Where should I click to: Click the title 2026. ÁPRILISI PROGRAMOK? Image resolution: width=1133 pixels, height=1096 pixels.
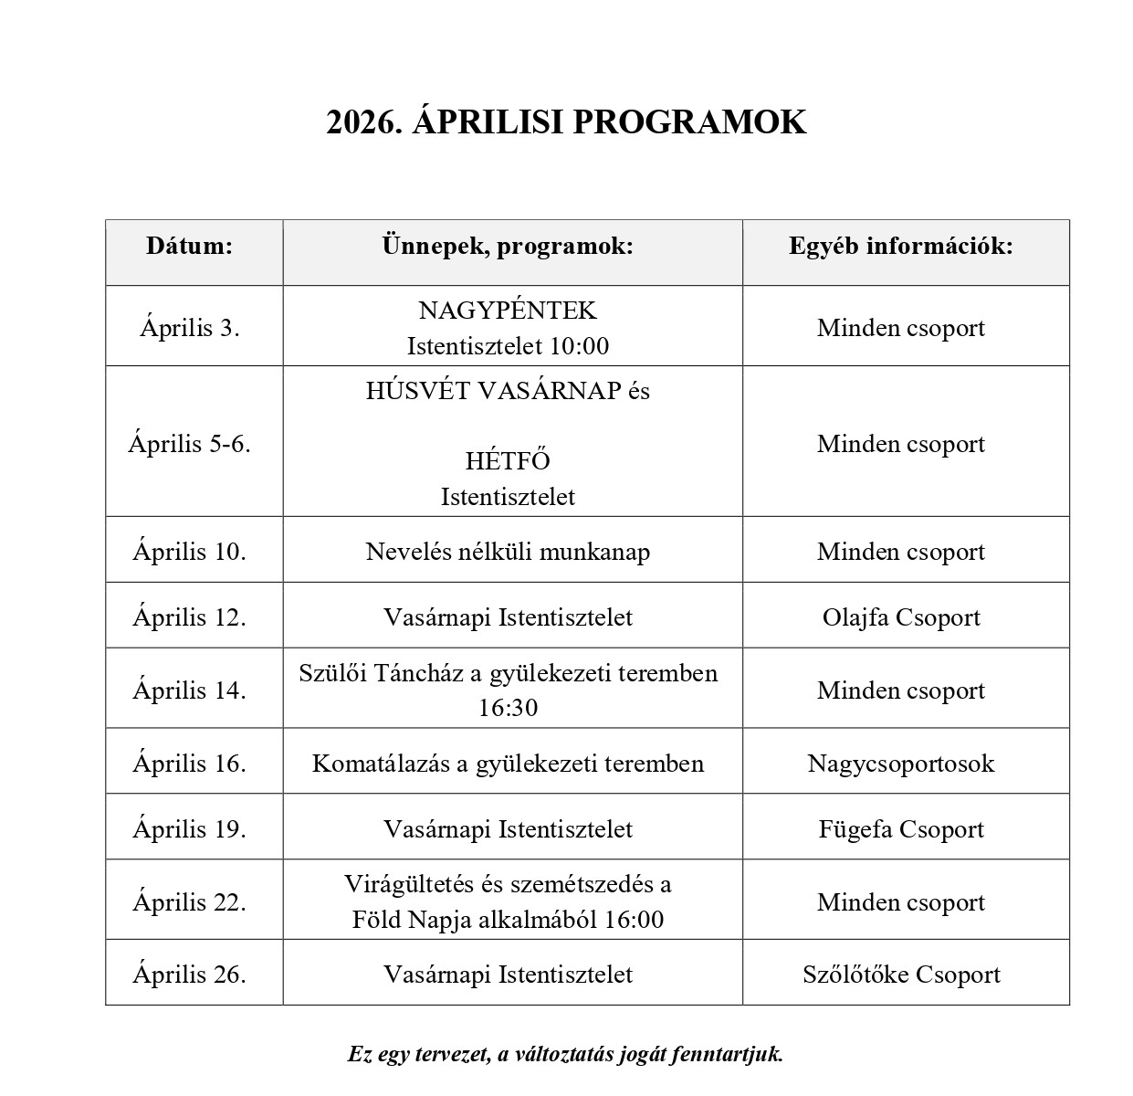coord(566,122)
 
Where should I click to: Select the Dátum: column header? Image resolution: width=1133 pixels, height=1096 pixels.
coord(190,246)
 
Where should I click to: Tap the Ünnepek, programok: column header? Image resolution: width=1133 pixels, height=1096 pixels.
coord(508,246)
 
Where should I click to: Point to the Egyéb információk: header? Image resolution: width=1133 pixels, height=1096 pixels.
coord(901,246)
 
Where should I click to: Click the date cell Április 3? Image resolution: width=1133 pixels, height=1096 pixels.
coord(190,328)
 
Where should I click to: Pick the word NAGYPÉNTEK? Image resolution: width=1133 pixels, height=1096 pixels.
coord(508,311)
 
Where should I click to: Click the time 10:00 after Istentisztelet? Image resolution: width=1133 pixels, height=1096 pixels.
coord(581,346)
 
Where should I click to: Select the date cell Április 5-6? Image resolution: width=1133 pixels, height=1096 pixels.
coord(190,444)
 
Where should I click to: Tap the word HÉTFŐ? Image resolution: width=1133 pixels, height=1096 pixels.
coord(508,461)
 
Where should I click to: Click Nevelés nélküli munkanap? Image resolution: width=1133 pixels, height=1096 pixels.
coord(508,552)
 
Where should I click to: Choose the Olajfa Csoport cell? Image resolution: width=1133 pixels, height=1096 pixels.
coord(901,617)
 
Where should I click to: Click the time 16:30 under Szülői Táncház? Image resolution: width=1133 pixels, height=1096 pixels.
coord(508,708)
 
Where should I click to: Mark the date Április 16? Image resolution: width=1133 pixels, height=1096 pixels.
coord(190,764)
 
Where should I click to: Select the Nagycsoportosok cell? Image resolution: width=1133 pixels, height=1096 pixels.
coord(901,764)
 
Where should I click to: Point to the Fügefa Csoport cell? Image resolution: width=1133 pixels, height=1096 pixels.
coord(901,829)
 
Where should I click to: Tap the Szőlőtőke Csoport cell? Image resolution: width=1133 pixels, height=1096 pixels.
coord(901,975)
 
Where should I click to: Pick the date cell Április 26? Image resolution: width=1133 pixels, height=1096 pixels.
coord(190,975)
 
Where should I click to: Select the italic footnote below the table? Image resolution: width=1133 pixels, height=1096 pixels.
coord(566,1054)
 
